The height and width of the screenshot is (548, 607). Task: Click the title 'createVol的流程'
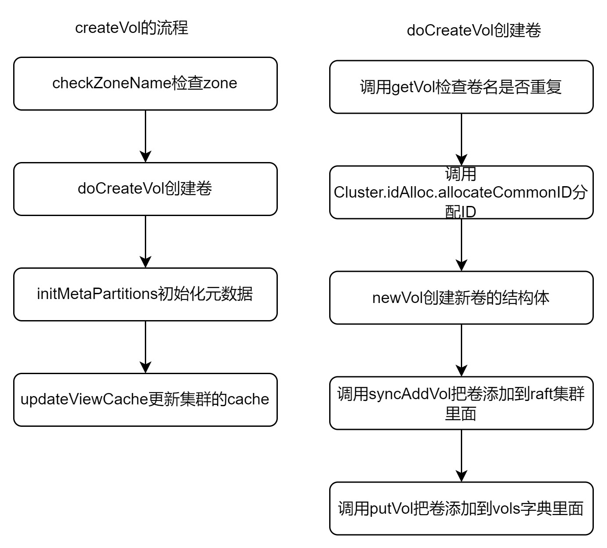pyautogui.click(x=132, y=28)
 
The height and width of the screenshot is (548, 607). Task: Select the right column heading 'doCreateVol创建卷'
pyautogui.click(x=474, y=30)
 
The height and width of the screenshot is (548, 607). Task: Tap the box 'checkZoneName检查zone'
pyautogui.click(x=145, y=83)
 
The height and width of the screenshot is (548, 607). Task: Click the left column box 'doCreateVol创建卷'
pyautogui.click(x=145, y=189)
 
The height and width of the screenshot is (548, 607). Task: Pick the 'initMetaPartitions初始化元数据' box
pyautogui.click(x=145, y=294)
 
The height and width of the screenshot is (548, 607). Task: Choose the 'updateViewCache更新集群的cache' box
pyautogui.click(x=145, y=400)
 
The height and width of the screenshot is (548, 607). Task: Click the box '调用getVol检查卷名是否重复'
pyautogui.click(x=461, y=87)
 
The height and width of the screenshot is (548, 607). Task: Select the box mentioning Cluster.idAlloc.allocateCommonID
pyautogui.click(x=461, y=192)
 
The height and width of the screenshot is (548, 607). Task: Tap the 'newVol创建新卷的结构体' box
pyautogui.click(x=461, y=298)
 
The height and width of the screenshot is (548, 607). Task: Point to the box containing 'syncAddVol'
pyautogui.click(x=461, y=403)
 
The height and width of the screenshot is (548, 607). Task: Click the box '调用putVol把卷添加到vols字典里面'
pyautogui.click(x=461, y=508)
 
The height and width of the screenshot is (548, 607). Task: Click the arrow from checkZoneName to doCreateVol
pyautogui.click(x=145, y=136)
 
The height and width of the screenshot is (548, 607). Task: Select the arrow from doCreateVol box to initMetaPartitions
pyautogui.click(x=145, y=242)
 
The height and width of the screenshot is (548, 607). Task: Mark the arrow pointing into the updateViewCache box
pyautogui.click(x=145, y=347)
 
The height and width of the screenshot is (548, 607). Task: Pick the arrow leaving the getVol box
pyautogui.click(x=461, y=140)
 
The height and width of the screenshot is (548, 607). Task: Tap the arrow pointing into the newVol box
pyautogui.click(x=461, y=245)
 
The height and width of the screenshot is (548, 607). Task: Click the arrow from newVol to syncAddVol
pyautogui.click(x=461, y=350)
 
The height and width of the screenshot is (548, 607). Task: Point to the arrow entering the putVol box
pyautogui.click(x=461, y=456)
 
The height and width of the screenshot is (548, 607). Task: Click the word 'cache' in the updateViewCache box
pyautogui.click(x=248, y=399)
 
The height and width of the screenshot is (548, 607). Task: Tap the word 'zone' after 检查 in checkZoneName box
pyautogui.click(x=220, y=83)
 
